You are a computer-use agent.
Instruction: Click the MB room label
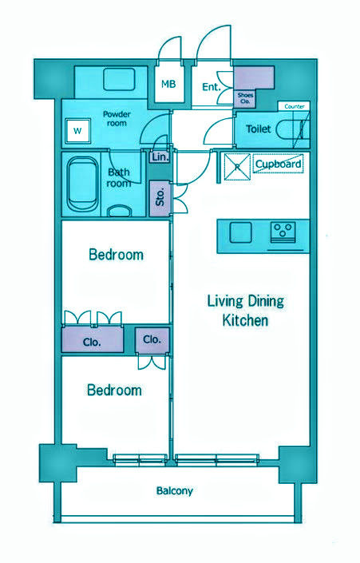[168, 85]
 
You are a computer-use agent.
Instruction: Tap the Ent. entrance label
[211, 87]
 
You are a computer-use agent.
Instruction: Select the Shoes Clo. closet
[246, 98]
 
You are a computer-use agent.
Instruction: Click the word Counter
[295, 106]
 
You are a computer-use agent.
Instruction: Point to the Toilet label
[258, 129]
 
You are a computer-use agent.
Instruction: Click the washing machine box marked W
[77, 131]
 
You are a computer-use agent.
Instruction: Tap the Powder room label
[117, 118]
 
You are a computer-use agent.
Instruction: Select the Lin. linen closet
[160, 157]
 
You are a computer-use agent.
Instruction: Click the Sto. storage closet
[160, 198]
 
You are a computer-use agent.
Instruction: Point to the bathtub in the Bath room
[82, 184]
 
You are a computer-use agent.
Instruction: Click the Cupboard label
[278, 165]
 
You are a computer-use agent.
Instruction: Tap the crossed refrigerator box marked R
[237, 166]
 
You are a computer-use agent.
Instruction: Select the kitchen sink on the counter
[241, 232]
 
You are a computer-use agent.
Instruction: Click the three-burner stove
[283, 232]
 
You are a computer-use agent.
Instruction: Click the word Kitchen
[246, 320]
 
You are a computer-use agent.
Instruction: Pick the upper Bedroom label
[116, 255]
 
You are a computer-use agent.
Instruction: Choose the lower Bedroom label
[114, 390]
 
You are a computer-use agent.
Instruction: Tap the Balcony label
[175, 491]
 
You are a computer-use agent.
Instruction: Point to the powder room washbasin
[119, 80]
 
